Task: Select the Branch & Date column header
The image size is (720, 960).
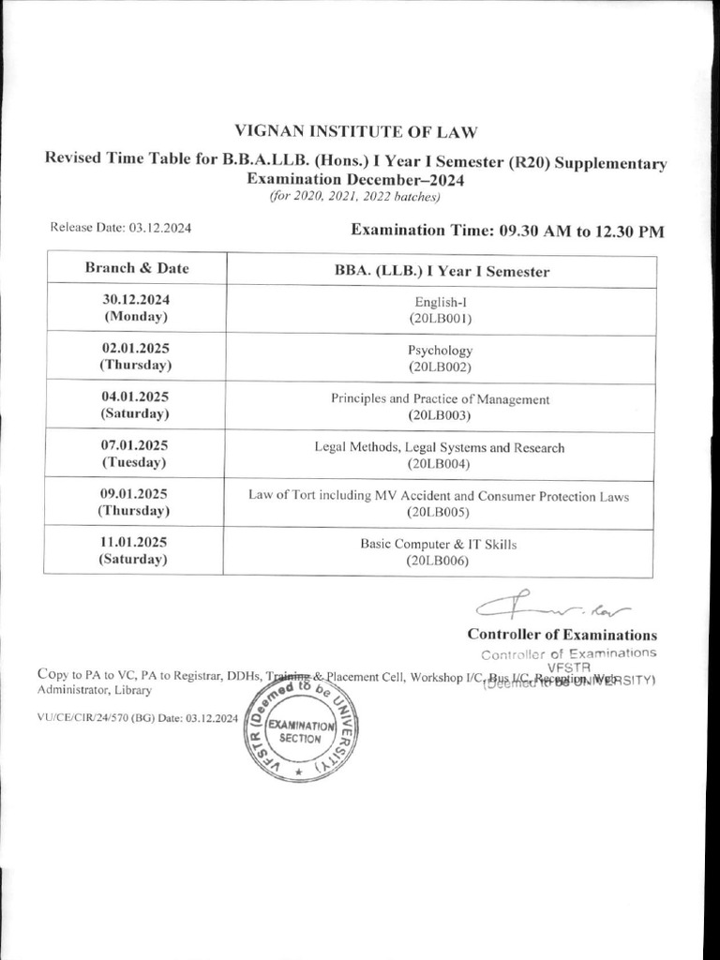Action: click(x=137, y=268)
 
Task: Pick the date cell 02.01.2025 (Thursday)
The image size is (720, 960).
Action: click(x=136, y=355)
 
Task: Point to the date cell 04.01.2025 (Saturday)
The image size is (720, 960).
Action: click(x=136, y=405)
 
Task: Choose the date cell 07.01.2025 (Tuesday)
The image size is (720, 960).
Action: click(x=136, y=454)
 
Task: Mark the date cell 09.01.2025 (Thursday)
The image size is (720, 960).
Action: click(x=136, y=502)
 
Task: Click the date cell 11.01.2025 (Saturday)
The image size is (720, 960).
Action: click(x=136, y=551)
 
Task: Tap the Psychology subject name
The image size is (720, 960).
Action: click(x=440, y=350)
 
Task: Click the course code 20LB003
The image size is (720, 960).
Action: click(x=440, y=415)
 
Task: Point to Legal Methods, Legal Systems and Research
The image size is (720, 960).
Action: click(x=440, y=447)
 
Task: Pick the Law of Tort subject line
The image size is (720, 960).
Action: click(x=439, y=496)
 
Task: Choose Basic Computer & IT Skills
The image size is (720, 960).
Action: click(x=439, y=544)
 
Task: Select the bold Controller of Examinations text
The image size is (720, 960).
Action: click(x=562, y=635)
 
